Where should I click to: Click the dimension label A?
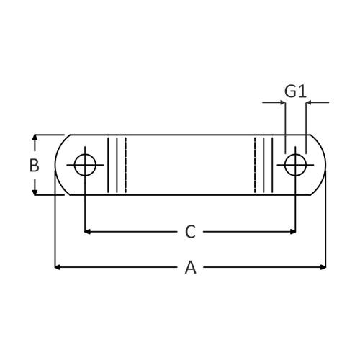point(190,267)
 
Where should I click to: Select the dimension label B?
point(34,165)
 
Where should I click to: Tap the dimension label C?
point(190,231)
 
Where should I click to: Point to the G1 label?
point(295,91)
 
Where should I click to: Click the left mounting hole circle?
point(85,165)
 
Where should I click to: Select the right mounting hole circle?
point(295,165)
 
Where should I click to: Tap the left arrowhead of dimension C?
point(88,231)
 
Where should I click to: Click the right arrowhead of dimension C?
point(292,231)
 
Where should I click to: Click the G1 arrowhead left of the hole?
point(282,102)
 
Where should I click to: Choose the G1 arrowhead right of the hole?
point(310,102)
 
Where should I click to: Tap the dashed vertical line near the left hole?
point(126,165)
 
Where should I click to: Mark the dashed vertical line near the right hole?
point(255,165)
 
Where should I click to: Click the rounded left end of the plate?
point(57,165)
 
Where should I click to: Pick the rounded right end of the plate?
point(325,165)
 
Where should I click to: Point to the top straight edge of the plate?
point(190,135)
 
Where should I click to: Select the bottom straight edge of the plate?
point(190,194)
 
